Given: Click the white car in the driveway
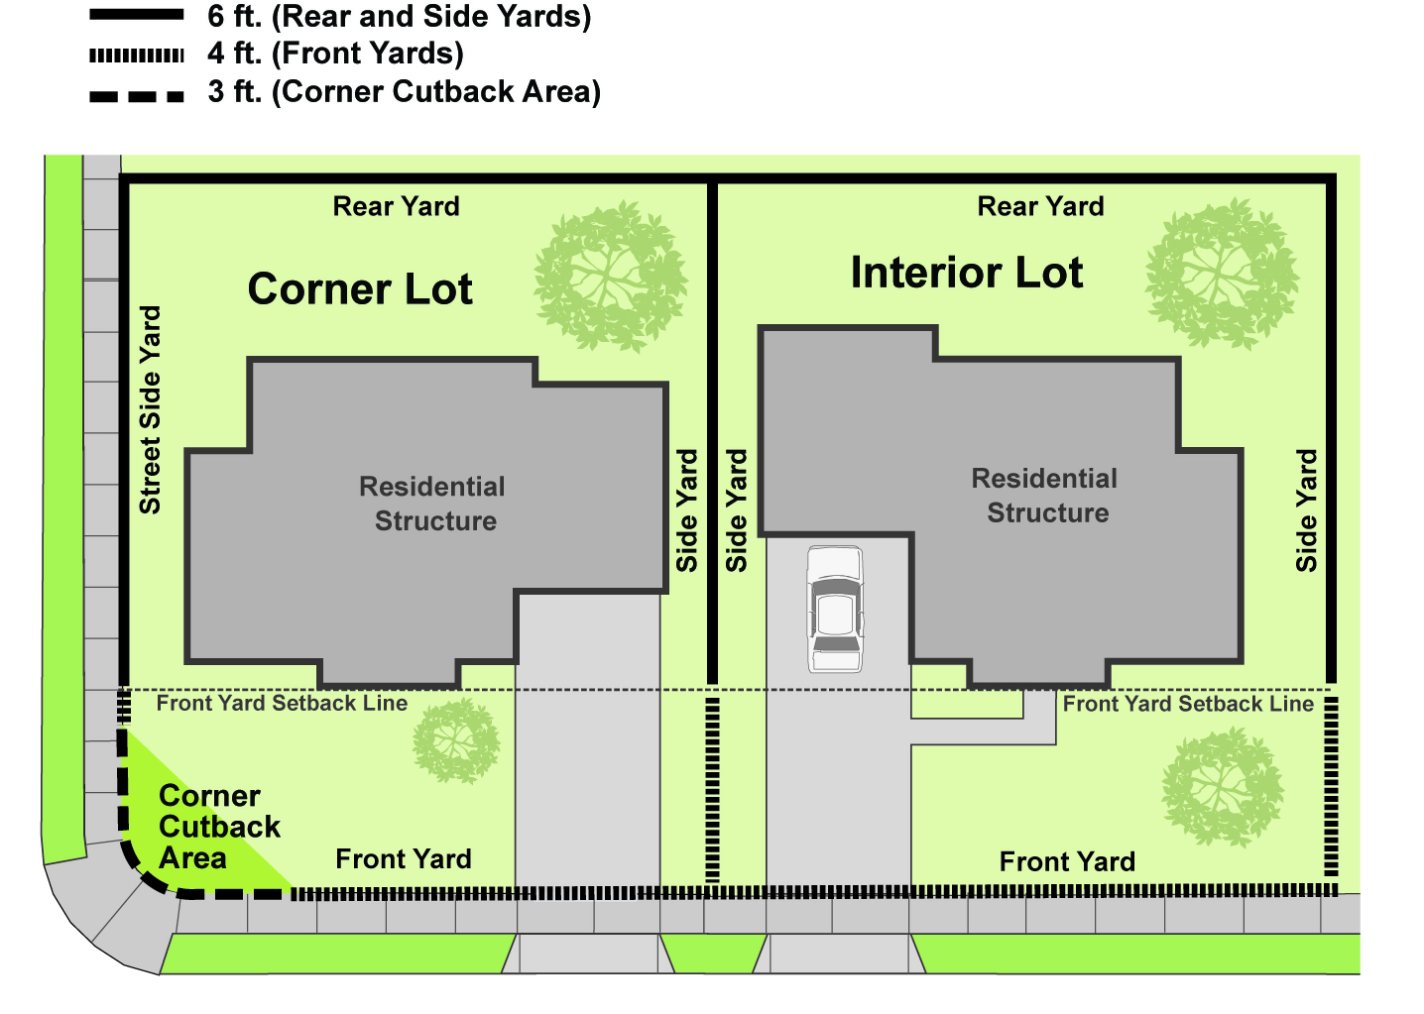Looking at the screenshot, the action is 835,609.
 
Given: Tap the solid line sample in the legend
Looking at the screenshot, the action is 137,15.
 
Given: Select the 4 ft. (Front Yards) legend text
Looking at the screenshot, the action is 335,54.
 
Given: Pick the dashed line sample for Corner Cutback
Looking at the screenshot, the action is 137,97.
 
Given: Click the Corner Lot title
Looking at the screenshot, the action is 360,289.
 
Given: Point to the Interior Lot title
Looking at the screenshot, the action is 966,273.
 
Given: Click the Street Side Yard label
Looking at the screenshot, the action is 151,409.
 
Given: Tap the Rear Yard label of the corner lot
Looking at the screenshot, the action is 396,206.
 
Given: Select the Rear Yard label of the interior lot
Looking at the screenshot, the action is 1040,206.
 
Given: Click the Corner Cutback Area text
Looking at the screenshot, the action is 219,827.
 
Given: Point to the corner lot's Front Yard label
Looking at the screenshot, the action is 404,859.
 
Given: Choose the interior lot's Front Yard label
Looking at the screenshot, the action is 1067,862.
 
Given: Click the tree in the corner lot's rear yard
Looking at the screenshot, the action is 610,277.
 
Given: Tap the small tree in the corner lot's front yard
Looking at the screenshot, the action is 456,740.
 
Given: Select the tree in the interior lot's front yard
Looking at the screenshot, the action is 1222,787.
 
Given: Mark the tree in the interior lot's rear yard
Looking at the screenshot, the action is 1222,274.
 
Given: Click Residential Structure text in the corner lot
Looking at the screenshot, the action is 433,504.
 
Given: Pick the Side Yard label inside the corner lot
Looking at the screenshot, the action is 687,510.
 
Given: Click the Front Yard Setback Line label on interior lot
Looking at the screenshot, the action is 1188,704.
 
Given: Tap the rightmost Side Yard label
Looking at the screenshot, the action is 1306,510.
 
